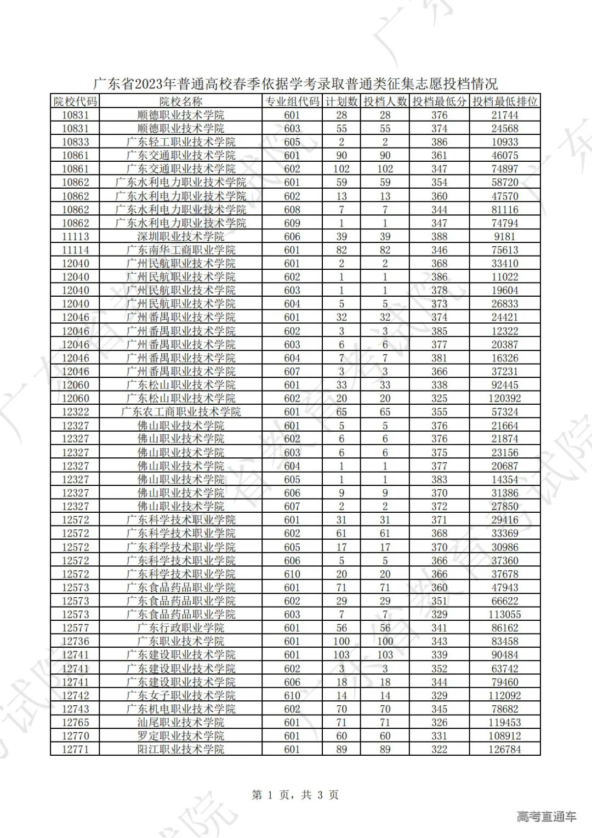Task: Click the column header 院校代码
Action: click(75, 101)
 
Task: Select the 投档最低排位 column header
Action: click(505, 101)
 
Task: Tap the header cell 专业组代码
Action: click(292, 101)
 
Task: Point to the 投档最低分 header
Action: click(439, 101)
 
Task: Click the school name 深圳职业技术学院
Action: click(180, 236)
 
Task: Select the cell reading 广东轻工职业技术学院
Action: click(180, 142)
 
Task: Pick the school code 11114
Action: click(75, 250)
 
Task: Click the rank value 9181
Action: click(505, 236)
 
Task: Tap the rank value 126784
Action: click(505, 749)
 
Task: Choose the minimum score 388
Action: click(439, 236)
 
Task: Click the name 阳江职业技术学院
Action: click(180, 749)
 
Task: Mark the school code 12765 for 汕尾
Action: click(75, 722)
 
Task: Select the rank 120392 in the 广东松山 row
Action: click(505, 398)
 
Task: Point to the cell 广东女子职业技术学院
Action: click(180, 695)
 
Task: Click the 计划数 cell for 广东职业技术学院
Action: click(341, 641)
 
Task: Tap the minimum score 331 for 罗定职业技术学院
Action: click(439, 736)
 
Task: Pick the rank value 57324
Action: click(505, 412)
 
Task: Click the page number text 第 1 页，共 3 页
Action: click(295, 795)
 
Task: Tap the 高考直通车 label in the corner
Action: click(546, 817)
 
